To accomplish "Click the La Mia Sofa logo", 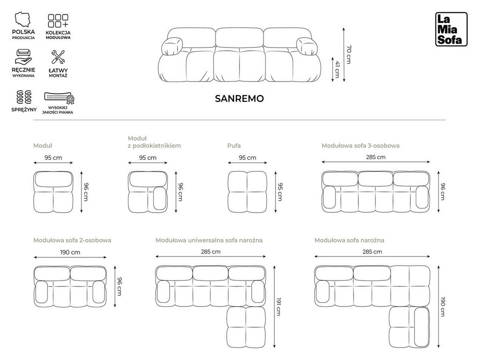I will point(451,29).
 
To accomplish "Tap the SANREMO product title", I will point(239,99).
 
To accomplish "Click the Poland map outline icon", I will point(24,20).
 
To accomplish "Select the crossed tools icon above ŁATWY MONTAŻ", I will point(58,58).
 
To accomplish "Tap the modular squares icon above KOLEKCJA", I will point(58,21).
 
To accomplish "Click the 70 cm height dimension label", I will point(348,54).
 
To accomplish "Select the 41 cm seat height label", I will point(337,69).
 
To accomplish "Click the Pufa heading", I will point(234,146).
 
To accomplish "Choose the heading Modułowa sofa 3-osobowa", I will point(360,146).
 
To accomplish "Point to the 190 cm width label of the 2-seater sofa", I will point(70,252).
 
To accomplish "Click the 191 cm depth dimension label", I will point(278,306).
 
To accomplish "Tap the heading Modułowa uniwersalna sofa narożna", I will point(209,241).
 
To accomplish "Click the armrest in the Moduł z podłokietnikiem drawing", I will point(160,198).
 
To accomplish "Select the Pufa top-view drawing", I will point(247,192).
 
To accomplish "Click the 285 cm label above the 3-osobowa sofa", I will point(376,157).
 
